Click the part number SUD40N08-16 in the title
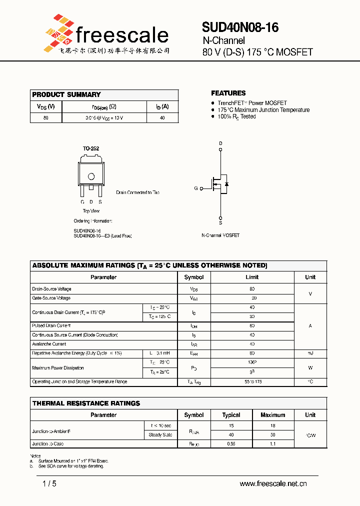pyautogui.click(x=240, y=27)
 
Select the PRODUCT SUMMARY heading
pyautogui.click(x=66, y=94)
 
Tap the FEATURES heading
pyautogui.click(x=228, y=93)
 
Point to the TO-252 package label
pyautogui.click(x=90, y=148)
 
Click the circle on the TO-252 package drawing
pyautogui.click(x=91, y=176)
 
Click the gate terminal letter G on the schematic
pyautogui.click(x=196, y=188)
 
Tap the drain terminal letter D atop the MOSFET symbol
pyautogui.click(x=220, y=143)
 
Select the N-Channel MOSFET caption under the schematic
pyautogui.click(x=220, y=235)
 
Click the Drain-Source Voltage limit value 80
pyautogui.click(x=252, y=289)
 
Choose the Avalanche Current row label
pyautogui.click(x=49, y=344)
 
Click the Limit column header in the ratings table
pyautogui.click(x=252, y=277)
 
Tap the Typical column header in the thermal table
pyautogui.click(x=231, y=415)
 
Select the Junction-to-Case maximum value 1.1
pyautogui.click(x=273, y=444)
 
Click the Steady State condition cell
pyautogui.click(x=160, y=435)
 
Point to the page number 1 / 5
pyautogui.click(x=50, y=483)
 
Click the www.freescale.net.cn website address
pyautogui.click(x=273, y=483)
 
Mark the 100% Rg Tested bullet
pyautogui.click(x=236, y=116)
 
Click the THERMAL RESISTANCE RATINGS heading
pyautogui.click(x=86, y=403)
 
